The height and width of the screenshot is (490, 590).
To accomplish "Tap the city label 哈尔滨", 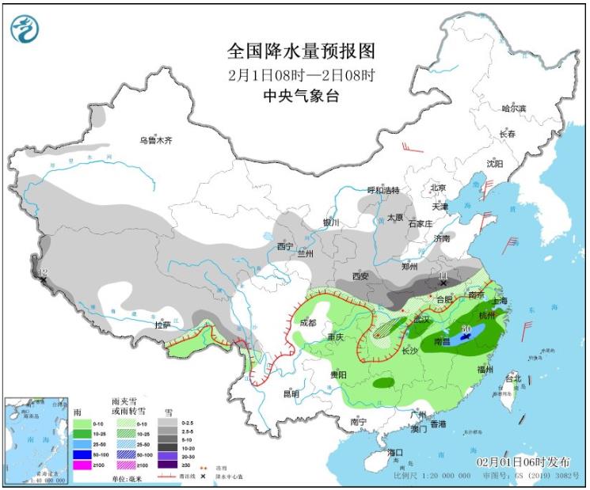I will pyautogui.click(x=514, y=108).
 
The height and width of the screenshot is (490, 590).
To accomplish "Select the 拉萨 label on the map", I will pyautogui.click(x=162, y=325).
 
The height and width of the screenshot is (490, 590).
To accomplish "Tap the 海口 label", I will pyautogui.click(x=395, y=452).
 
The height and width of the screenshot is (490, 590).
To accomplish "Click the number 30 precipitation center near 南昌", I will pyautogui.click(x=467, y=328).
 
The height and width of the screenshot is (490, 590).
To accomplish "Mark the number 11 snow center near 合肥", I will pyautogui.click(x=443, y=275).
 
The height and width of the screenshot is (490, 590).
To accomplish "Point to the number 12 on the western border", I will pyautogui.click(x=43, y=273).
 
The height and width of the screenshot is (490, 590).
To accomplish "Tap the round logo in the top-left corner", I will pyautogui.click(x=25, y=29).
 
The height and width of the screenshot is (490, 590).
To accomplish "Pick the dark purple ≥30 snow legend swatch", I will pyautogui.click(x=168, y=465).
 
